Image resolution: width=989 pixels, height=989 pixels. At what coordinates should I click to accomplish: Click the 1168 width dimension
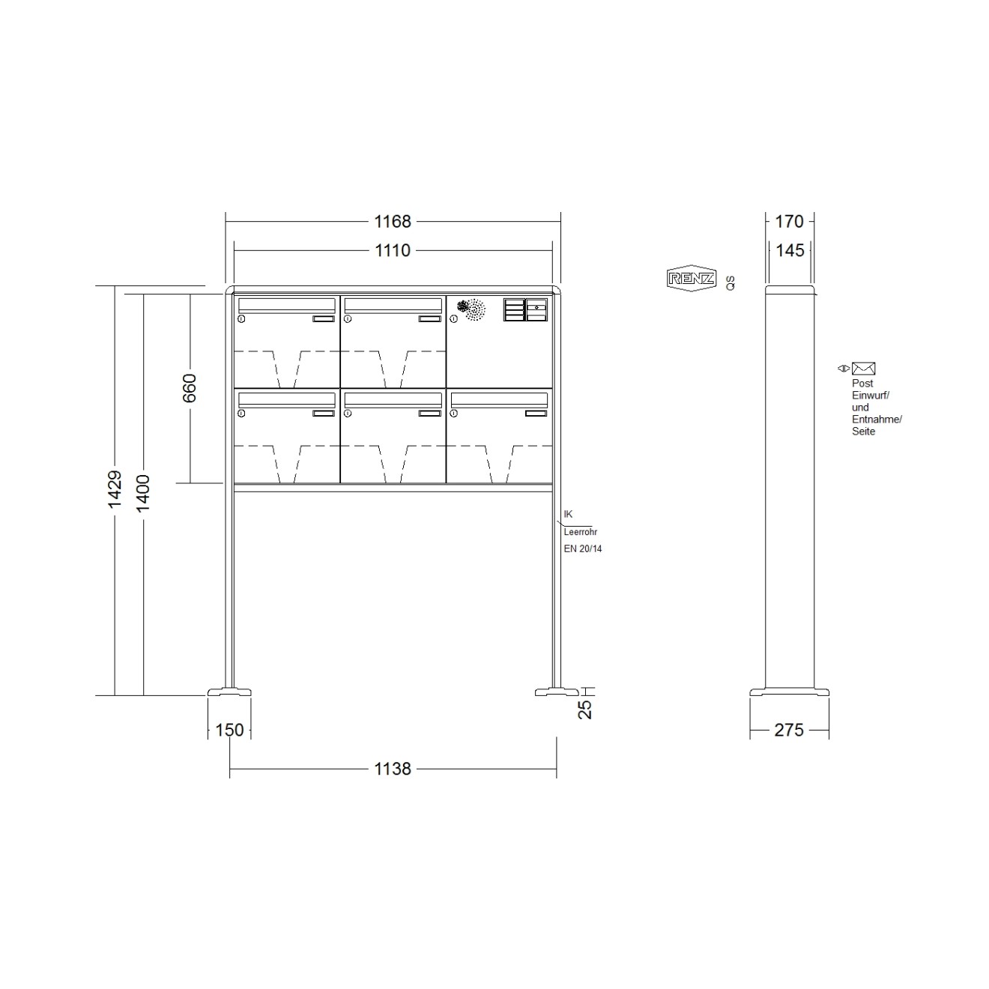[x=393, y=222]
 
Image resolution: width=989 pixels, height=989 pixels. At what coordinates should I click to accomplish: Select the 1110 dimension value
[x=393, y=250]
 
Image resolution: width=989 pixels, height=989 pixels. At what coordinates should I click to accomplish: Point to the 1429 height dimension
[x=115, y=489]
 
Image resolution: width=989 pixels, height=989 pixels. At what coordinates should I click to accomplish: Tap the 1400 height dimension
[x=143, y=493]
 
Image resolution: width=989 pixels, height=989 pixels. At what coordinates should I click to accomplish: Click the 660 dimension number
[x=190, y=388]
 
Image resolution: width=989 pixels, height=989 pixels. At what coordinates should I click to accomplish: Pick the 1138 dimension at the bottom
[x=393, y=769]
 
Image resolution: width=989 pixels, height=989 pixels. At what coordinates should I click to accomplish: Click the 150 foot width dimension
[x=229, y=730]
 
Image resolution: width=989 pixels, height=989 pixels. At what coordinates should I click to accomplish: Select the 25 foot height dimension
[x=586, y=709]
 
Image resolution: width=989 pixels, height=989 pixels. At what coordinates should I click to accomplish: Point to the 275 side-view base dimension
[x=789, y=730]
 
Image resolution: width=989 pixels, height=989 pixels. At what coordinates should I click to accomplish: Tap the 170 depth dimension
[x=789, y=222]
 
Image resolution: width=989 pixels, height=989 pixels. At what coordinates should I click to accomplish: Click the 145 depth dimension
[x=790, y=250]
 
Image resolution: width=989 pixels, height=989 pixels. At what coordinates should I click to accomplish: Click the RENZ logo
[x=691, y=279]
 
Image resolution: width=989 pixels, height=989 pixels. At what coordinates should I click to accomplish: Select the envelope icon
[x=863, y=369]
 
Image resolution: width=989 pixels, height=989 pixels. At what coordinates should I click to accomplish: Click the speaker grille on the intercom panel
[x=472, y=309]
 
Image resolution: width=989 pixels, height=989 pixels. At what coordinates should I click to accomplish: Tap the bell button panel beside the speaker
[x=526, y=309]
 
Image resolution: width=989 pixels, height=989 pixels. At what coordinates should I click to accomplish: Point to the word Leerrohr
[x=581, y=532]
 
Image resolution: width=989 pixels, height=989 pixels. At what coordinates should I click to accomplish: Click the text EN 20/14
[x=583, y=548]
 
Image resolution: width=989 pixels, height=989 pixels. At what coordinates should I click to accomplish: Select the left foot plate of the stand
[x=229, y=692]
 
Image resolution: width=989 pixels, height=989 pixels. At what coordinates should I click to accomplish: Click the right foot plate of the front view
[x=557, y=692]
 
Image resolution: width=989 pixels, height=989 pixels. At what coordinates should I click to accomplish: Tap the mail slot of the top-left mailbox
[x=286, y=304]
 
